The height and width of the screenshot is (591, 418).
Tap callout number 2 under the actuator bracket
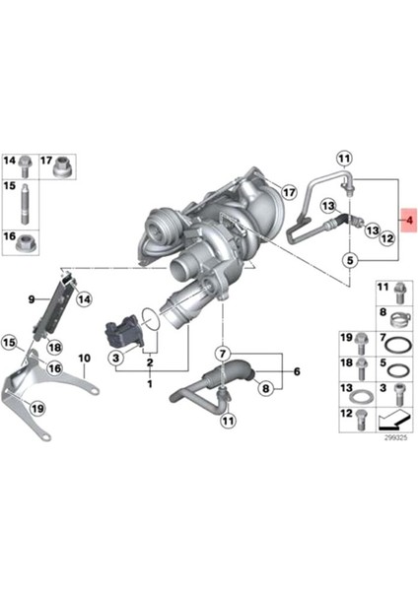coord(149,363)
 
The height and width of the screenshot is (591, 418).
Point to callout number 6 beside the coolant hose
coord(296,371)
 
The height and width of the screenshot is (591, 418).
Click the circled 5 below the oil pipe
coord(349,261)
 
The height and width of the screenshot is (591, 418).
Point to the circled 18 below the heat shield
coord(54,347)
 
